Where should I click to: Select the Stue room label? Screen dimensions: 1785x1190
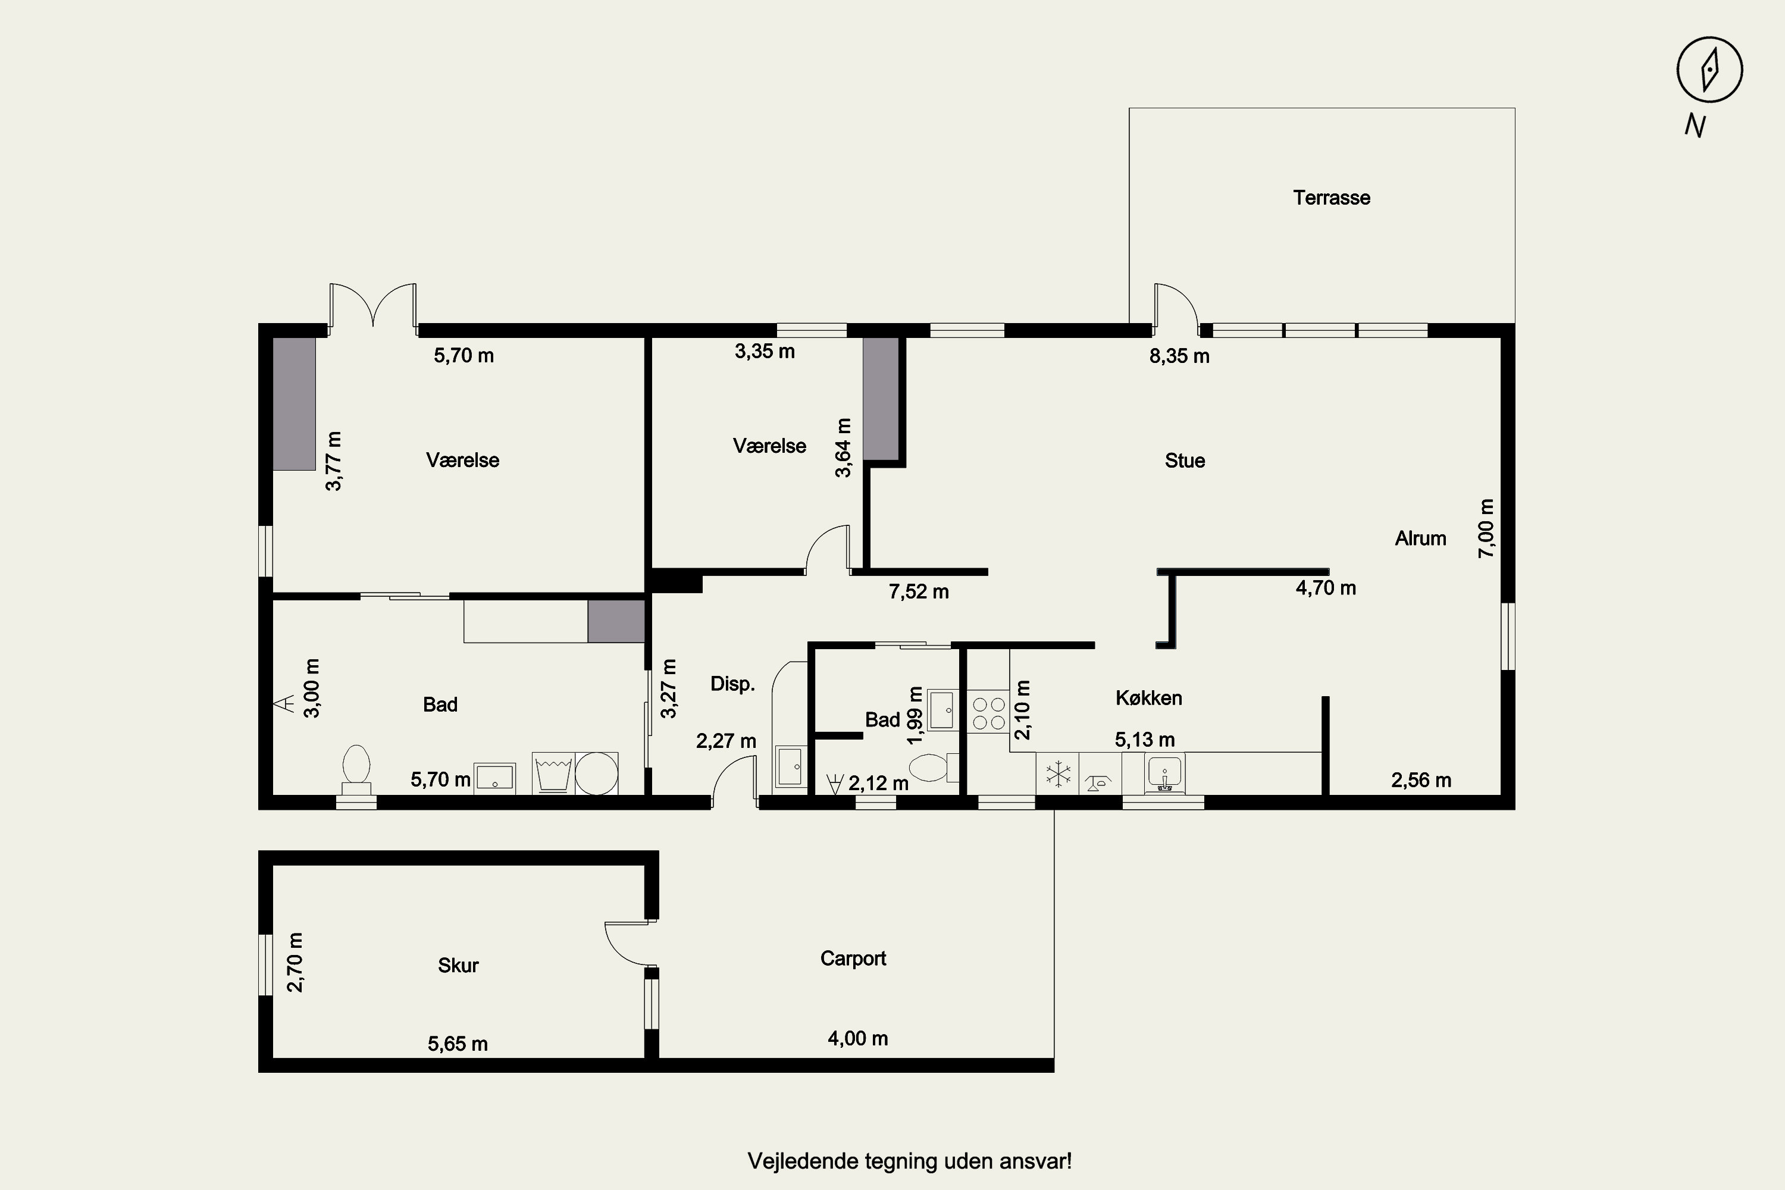pos(1185,461)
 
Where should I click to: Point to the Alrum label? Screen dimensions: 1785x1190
pos(1420,539)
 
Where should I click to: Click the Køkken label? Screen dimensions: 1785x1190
pos(1148,698)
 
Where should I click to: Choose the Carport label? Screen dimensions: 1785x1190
pos(853,959)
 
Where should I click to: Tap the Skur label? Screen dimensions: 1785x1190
pos(458,965)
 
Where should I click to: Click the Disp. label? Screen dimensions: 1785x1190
pos(732,684)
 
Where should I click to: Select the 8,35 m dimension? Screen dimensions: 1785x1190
pos(1179,356)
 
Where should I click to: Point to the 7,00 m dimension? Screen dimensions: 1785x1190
pos(1486,528)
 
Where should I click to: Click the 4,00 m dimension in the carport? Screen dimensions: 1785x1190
pos(857,1038)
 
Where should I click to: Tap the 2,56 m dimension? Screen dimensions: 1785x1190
pos(1421,780)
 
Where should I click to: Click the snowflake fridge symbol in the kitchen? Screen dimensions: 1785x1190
pos(1057,774)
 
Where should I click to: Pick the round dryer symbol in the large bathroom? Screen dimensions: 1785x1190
pos(597,773)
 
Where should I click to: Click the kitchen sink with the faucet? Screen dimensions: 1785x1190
pos(1163,774)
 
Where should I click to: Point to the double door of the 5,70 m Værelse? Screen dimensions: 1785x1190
pos(372,308)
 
